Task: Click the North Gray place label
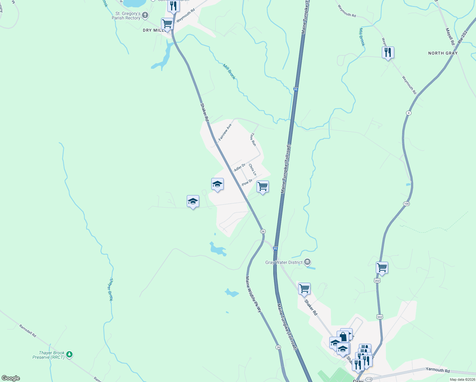[443, 53]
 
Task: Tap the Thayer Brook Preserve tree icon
[69, 354]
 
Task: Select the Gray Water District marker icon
[307, 262]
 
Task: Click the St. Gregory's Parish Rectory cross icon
[145, 15]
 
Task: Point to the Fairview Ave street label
[225, 132]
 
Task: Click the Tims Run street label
[253, 139]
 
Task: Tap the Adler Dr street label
[240, 167]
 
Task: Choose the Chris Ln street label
[252, 169]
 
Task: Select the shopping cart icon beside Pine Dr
[262, 187]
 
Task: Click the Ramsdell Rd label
[28, 331]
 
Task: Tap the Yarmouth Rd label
[437, 370]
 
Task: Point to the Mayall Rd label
[450, 36]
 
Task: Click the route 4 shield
[409, 113]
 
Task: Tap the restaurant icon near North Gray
[388, 53]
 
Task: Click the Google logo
[11, 378]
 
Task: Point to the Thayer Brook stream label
[111, 289]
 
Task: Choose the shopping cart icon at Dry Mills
[167, 24]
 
